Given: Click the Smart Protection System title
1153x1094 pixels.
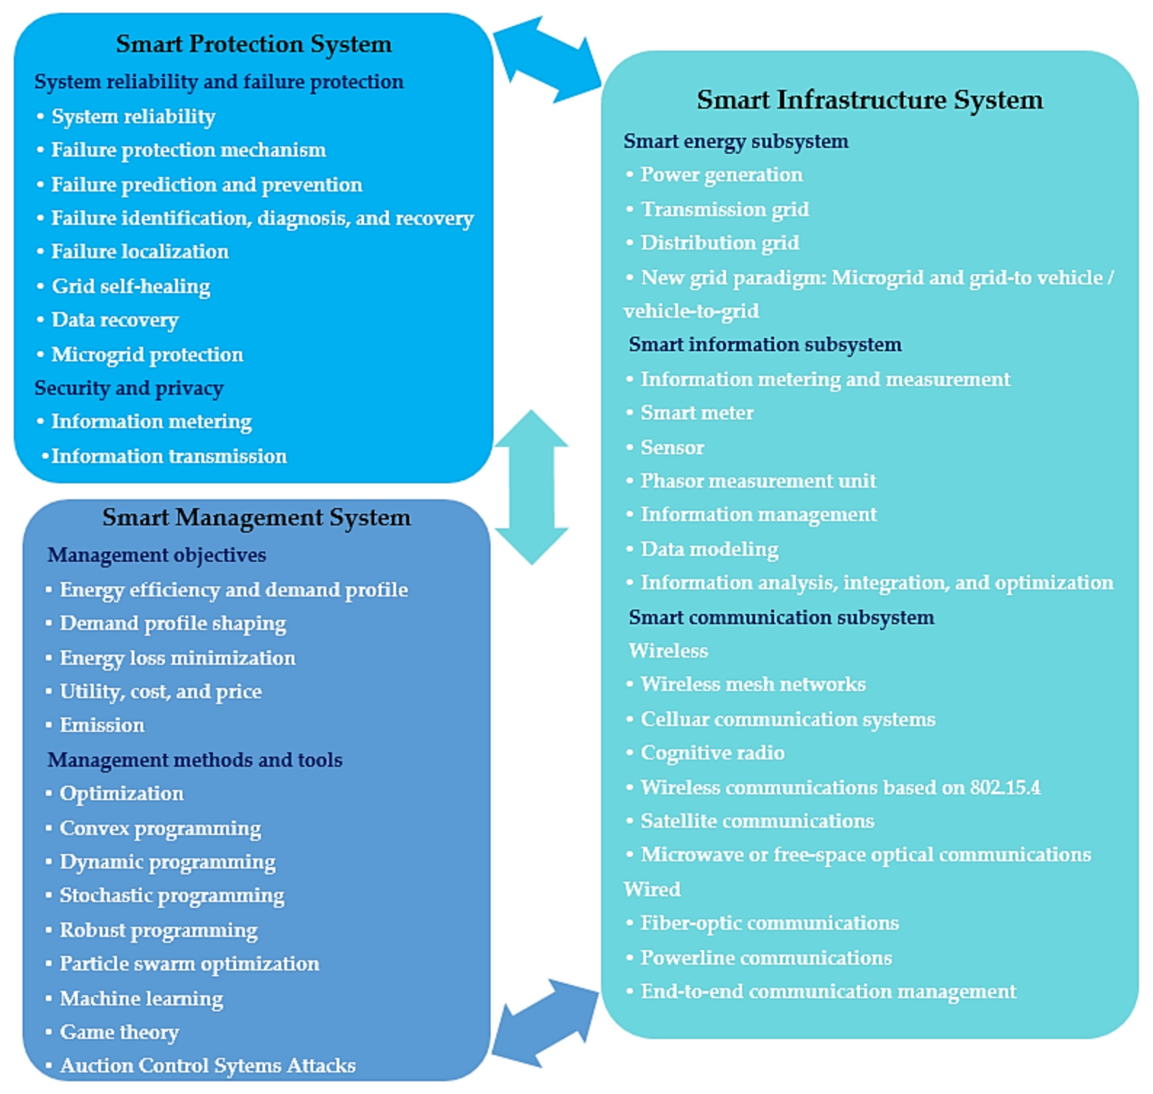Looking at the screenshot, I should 254,44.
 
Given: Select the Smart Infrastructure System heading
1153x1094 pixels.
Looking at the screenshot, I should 869,100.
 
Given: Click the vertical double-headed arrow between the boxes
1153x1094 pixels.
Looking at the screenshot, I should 531,487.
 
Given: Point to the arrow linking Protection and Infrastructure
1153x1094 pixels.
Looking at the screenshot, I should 546,59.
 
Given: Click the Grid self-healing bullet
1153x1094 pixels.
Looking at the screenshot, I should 131,286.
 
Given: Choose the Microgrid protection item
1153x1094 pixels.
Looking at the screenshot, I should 147,355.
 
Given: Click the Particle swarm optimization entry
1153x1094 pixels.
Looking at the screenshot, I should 190,963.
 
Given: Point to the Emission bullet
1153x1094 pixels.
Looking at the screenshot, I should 102,725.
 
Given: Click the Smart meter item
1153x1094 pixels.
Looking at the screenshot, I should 697,413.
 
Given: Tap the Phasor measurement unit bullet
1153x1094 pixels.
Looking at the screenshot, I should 758,481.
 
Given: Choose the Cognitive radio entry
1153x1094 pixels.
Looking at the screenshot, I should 712,753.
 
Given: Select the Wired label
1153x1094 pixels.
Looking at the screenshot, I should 652,889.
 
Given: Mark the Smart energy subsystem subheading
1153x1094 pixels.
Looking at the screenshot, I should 735,141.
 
